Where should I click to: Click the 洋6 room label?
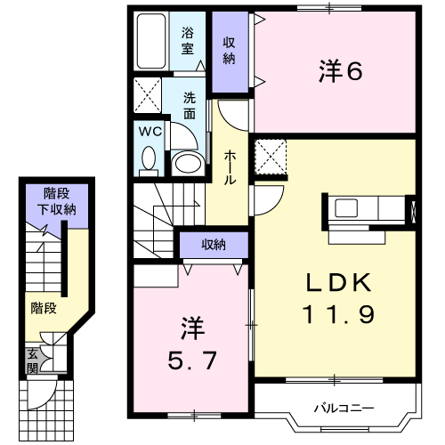tap(339, 71)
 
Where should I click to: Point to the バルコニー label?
tap(343, 409)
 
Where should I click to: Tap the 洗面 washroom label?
tap(190, 105)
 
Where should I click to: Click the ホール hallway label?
tap(230, 167)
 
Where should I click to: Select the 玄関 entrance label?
tap(32, 360)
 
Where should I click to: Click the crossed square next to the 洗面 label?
tap(147, 93)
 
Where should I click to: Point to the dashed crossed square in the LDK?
tap(271, 157)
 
